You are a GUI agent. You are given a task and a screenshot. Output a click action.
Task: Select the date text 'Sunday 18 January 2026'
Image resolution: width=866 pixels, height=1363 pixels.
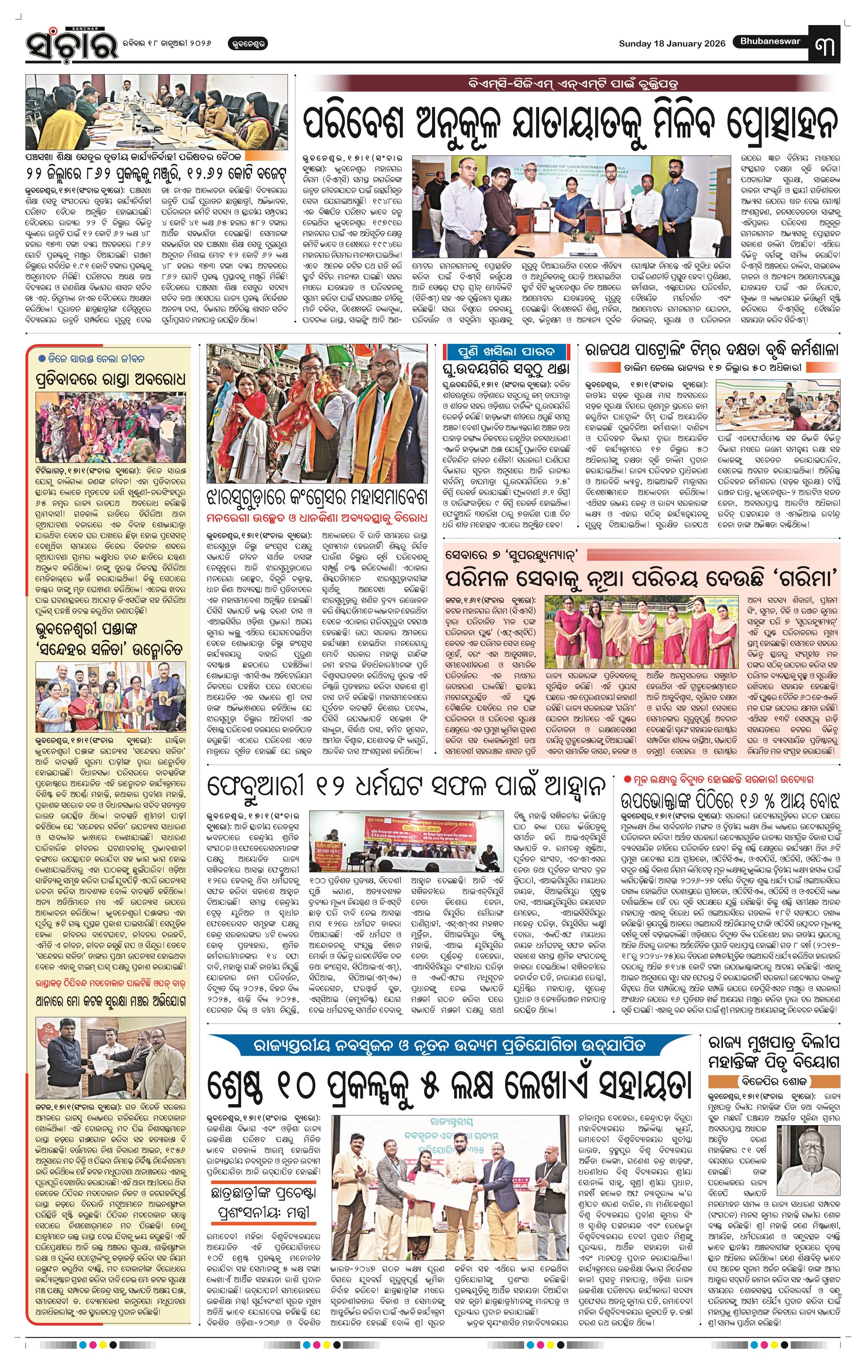point(671,43)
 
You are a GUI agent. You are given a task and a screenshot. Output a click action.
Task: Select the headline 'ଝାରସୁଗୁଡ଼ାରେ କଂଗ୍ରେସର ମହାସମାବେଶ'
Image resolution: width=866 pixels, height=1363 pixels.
point(316,497)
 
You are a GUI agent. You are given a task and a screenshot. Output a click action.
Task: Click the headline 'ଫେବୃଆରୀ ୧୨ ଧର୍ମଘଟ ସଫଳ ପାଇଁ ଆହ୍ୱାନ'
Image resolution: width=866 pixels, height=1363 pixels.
point(407,786)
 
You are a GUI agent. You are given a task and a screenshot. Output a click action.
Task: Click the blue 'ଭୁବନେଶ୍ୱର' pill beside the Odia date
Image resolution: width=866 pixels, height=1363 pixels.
point(247,43)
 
